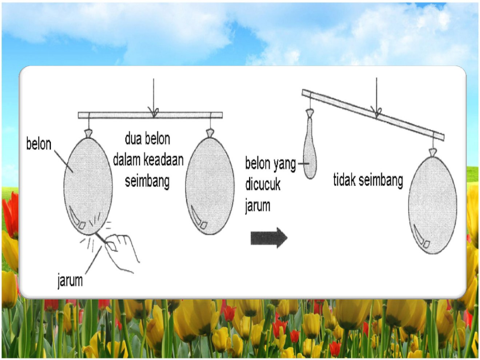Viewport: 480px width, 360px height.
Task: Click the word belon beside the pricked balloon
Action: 38,144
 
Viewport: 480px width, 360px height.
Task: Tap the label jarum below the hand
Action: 70,280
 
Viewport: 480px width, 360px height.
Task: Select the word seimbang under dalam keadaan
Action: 147,181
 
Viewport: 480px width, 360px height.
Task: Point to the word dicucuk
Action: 263,184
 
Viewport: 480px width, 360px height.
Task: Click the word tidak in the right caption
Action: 344,180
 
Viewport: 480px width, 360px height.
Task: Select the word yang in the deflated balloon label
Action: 285,164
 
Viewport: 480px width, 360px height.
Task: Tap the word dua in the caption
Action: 133,138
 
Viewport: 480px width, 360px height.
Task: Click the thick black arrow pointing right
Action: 269,238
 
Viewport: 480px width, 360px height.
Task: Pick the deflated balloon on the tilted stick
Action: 310,144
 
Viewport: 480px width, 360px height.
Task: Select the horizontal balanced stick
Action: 150,115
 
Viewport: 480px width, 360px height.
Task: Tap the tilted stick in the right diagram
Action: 373,115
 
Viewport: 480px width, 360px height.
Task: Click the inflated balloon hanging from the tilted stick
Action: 432,203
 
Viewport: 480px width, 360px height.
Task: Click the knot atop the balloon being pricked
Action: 88,134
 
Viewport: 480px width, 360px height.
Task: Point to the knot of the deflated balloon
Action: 310,113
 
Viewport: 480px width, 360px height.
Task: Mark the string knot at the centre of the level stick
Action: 154,111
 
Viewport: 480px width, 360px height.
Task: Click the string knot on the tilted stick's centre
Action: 377,112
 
